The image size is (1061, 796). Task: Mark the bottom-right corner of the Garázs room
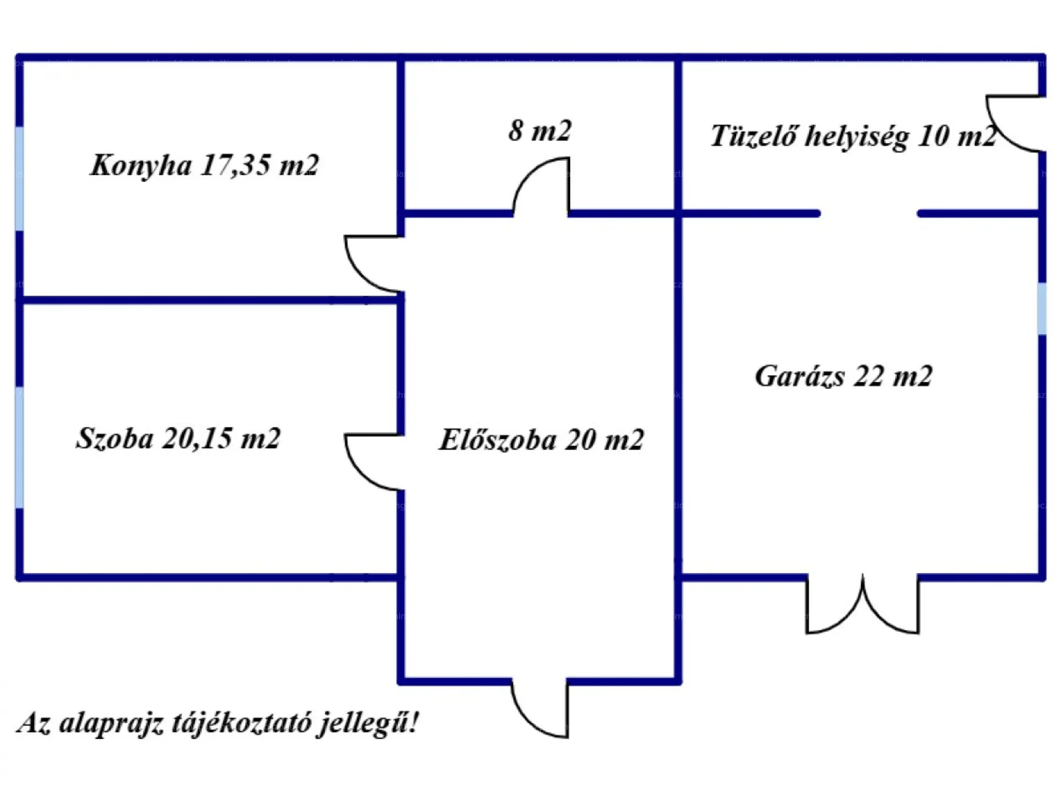coord(1042,577)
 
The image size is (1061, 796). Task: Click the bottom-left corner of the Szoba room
coord(19,577)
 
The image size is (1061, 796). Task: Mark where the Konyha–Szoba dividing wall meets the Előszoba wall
coord(401,301)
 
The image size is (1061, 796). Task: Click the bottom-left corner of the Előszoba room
coord(401,681)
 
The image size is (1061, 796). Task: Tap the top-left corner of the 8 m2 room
coord(401,57)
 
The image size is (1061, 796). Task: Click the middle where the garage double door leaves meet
coord(863,578)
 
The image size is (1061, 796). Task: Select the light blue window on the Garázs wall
coord(1042,308)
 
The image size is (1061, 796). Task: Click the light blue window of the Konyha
coord(19,178)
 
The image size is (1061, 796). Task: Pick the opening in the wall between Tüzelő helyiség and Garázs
coord(869,213)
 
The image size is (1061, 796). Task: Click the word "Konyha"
coord(141,165)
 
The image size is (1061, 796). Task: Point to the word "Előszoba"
coord(498,440)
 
